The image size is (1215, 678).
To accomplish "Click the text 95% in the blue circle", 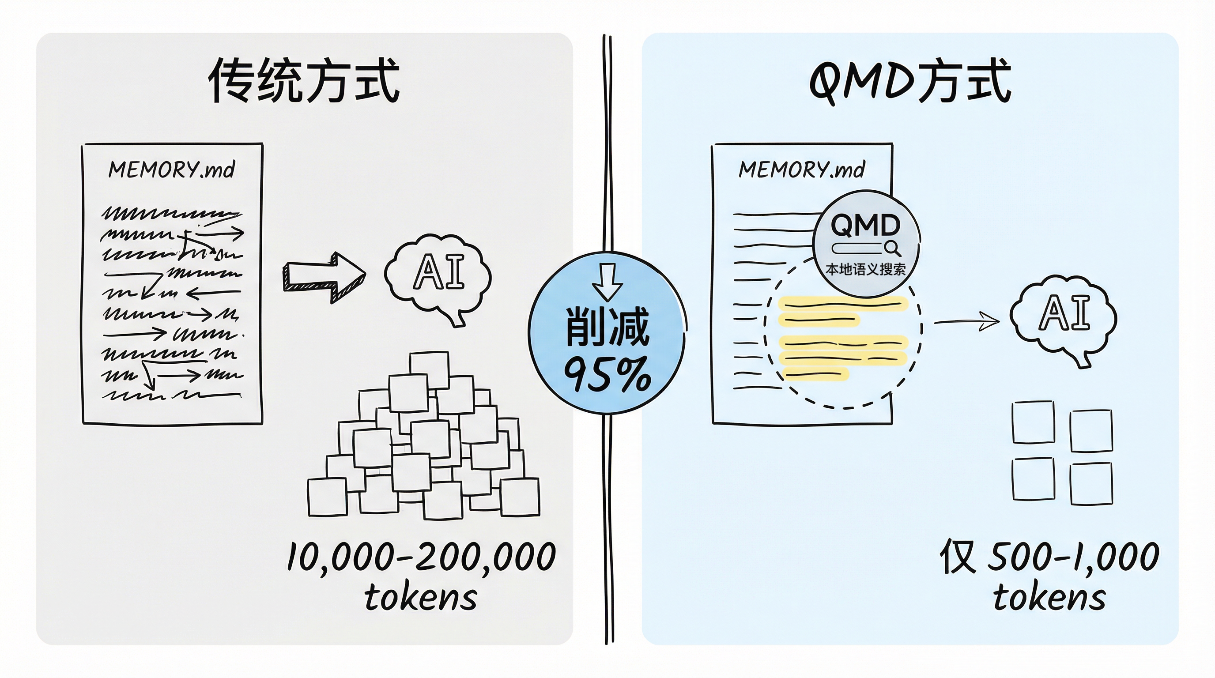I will coord(607,375).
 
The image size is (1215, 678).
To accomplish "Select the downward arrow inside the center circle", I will coord(607,282).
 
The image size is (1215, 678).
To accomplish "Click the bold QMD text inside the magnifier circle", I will coord(865,225).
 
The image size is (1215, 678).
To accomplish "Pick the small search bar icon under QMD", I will coord(865,248).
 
